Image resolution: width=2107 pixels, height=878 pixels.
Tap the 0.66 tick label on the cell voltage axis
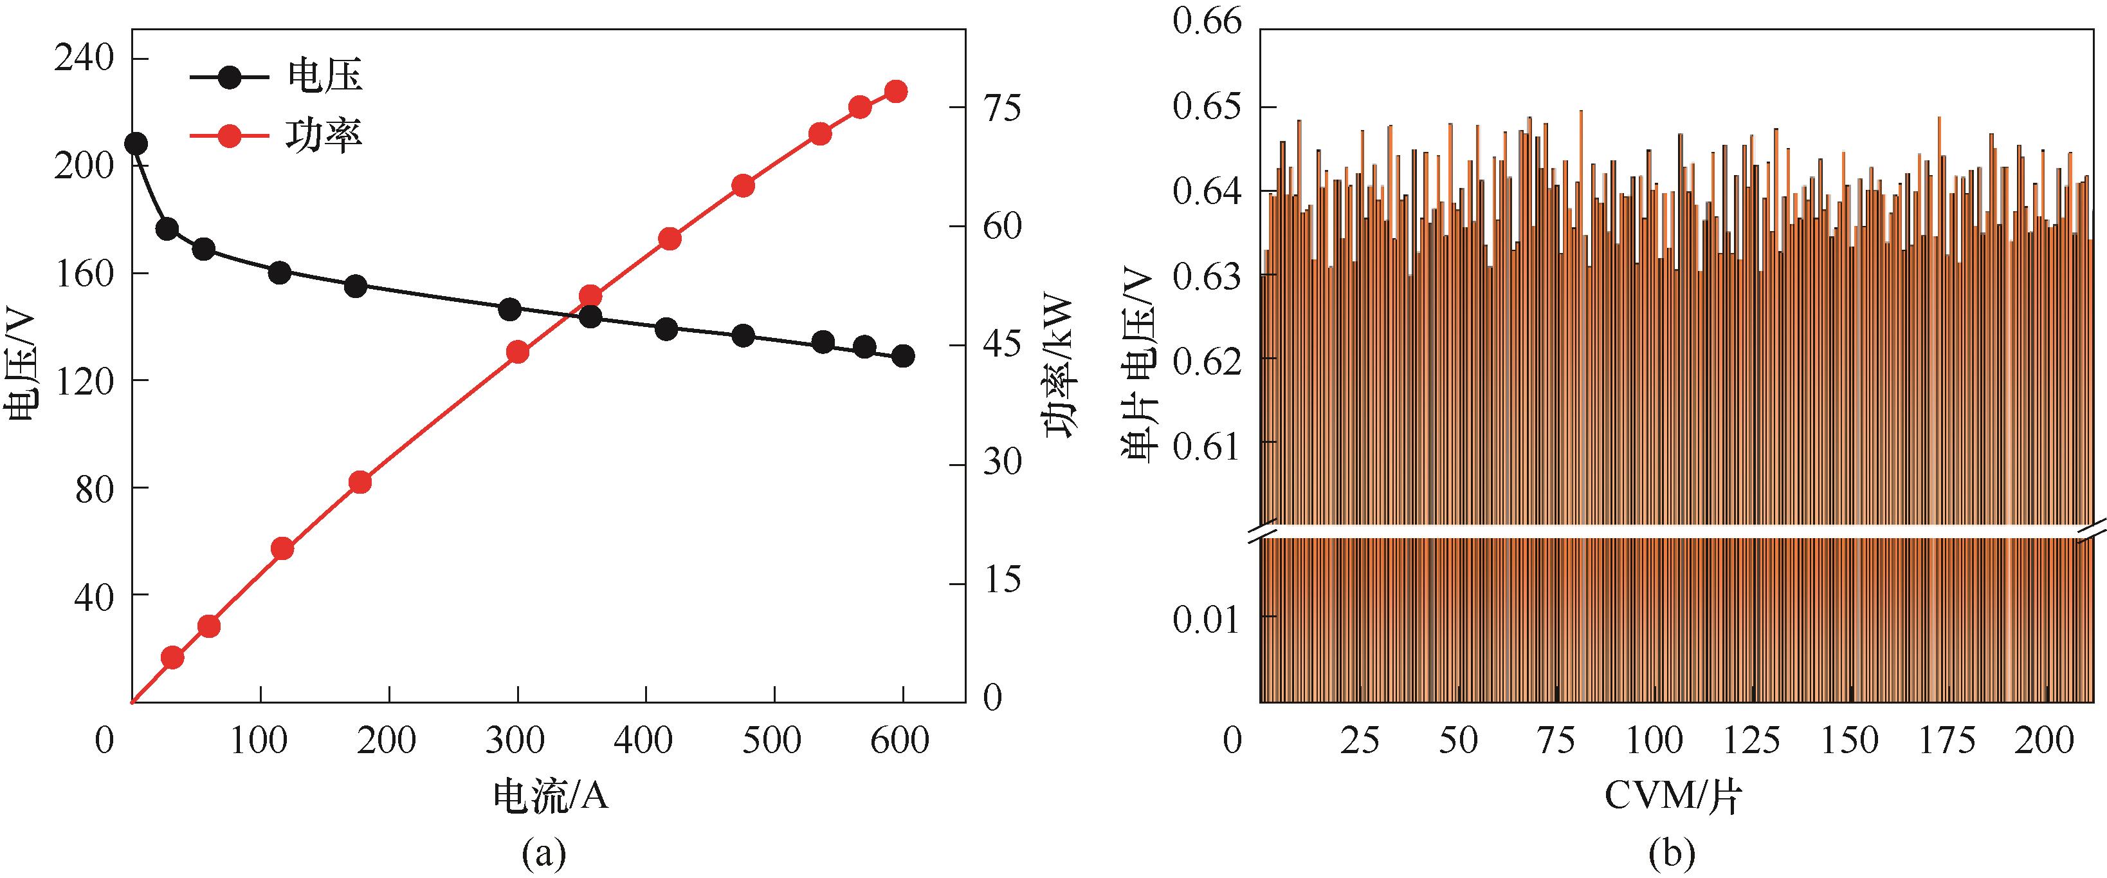[x=1207, y=21]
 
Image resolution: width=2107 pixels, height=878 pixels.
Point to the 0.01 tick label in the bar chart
[x=1207, y=619]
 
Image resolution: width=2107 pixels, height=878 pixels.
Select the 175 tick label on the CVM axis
[x=1947, y=740]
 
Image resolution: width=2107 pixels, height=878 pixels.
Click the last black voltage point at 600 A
[x=903, y=356]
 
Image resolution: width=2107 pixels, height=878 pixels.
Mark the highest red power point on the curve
[x=897, y=91]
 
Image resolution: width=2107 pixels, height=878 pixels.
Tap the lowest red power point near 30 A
[x=172, y=657]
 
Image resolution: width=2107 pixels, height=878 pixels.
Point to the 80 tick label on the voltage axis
[x=93, y=488]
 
